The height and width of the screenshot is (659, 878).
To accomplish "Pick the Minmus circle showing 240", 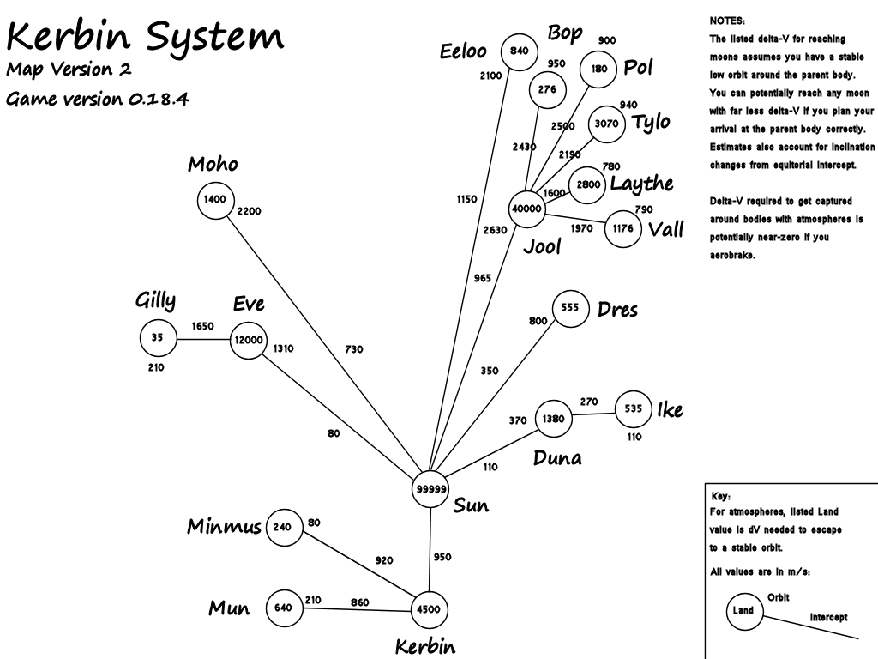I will click(x=284, y=528).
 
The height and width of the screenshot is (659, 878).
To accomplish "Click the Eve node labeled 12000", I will click(x=250, y=341).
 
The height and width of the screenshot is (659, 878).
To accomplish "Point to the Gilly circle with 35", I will click(x=158, y=338).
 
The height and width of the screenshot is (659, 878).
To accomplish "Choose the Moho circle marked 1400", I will click(x=214, y=200).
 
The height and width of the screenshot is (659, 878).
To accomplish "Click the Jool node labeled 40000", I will click(x=526, y=209).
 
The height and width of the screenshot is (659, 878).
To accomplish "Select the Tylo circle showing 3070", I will click(x=606, y=124).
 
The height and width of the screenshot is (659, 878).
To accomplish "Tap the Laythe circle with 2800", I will click(x=587, y=184).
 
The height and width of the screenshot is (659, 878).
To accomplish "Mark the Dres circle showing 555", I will click(x=570, y=307).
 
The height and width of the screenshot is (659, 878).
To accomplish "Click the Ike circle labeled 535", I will click(x=634, y=409).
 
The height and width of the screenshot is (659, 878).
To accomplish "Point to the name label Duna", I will click(x=557, y=457).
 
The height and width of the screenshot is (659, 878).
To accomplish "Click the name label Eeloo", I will click(x=464, y=51).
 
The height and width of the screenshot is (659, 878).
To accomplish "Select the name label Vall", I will click(x=666, y=229).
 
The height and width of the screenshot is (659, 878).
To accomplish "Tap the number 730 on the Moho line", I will click(x=354, y=349).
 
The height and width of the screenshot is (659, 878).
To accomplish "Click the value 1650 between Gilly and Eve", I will click(x=202, y=326).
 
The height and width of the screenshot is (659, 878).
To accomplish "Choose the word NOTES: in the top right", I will click(x=728, y=20).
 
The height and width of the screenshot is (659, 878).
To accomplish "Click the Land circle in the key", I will click(x=743, y=611).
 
